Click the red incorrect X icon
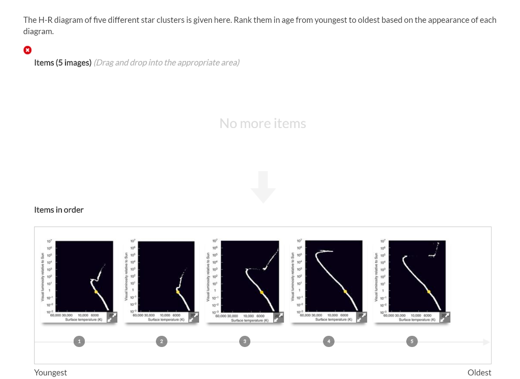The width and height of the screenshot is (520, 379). tap(27, 50)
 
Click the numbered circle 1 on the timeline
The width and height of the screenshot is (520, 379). tap(79, 341)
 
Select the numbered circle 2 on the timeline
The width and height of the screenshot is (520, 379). tap(161, 341)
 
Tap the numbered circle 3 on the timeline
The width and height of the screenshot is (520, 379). tap(245, 341)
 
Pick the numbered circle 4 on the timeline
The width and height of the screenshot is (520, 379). tap(329, 341)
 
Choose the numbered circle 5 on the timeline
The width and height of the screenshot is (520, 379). tap(412, 341)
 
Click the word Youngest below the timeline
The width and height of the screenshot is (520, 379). tap(50, 372)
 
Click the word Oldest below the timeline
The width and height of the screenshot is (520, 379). tap(479, 372)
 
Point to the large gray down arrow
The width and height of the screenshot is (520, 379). tap(263, 187)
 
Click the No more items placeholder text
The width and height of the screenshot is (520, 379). tap(263, 123)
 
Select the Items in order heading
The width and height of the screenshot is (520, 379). tap(59, 210)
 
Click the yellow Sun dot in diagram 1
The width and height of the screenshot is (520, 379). tap(96, 292)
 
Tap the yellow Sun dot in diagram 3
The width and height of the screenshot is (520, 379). tap(262, 292)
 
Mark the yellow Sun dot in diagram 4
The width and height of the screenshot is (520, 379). tap(345, 291)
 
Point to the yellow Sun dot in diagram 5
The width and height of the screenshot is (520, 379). tap(429, 292)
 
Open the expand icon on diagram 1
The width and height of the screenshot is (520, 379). tap(112, 317)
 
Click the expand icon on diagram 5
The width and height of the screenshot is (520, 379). tap(445, 317)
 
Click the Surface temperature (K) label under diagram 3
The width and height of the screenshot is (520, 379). tap(249, 321)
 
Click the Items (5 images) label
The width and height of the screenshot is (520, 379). tap(62, 62)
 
